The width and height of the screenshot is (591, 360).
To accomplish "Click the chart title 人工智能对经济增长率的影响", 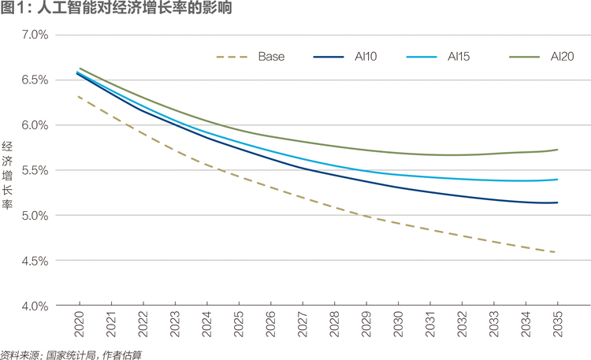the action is pos(135,8).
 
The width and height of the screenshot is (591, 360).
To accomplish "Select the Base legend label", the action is pos(271,57).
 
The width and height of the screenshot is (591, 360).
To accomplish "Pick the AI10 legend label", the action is pos(366,57).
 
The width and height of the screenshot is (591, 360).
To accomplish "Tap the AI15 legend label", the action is pos(459,57).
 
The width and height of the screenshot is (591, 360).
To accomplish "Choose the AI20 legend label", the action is pos(562,57).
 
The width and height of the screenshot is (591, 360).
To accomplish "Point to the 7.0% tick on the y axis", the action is pos(35,35).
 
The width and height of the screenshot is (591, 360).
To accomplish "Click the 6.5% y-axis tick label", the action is pos(35,80).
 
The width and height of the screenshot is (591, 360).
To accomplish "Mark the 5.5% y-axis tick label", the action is pos(35,170).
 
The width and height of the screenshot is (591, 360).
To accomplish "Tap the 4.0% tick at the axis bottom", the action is pos(35,306).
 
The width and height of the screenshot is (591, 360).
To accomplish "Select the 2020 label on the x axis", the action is pos(80,325).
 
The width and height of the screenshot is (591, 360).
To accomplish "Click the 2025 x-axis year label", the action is pos(239,325).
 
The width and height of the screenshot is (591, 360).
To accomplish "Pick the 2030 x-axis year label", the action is pos(399,325).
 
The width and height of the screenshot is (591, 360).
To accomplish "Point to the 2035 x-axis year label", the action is pos(557,325).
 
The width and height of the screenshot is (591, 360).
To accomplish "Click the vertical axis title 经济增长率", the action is pos(7,176).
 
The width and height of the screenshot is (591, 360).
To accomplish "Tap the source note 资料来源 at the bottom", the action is pos(71,355).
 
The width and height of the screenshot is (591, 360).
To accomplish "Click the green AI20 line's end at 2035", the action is pos(557,150).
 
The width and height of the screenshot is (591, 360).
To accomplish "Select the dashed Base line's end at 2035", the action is pos(555,252).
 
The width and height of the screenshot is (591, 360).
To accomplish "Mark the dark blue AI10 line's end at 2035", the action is pos(557,202).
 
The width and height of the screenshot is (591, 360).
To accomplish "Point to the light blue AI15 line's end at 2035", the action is pos(557,180).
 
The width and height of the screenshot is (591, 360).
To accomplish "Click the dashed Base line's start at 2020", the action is pos(78,97).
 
